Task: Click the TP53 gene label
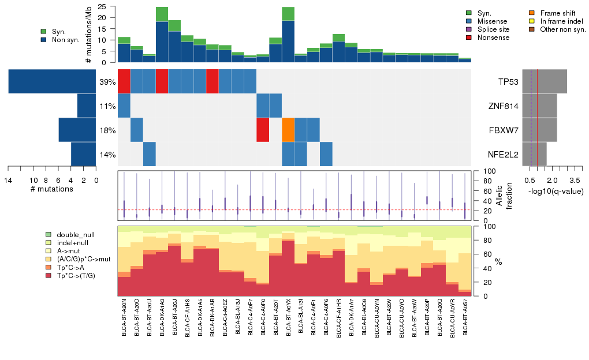coord(509,82)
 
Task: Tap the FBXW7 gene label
coord(504,130)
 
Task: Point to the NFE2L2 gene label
coord(504,155)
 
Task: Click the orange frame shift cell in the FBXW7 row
coord(288,130)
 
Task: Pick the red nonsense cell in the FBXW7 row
coord(263,130)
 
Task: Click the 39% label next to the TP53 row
coord(107,82)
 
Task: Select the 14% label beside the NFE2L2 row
coord(107,155)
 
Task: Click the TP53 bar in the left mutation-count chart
coord(52,81)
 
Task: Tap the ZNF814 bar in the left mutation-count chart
coord(86,106)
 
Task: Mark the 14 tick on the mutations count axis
coord(8,179)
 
